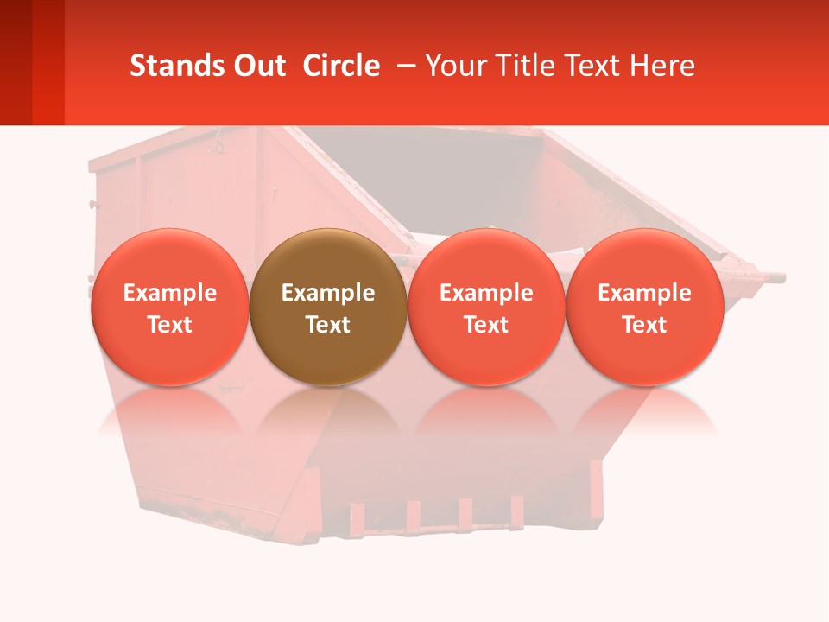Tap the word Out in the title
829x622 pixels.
(258, 66)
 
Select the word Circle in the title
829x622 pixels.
(341, 66)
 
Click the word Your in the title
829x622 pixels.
(454, 66)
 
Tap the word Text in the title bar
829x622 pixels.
(592, 66)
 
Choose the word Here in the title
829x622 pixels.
(663, 66)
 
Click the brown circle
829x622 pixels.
(328, 259)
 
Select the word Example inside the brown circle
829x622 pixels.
(328, 293)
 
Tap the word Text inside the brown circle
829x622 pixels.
(328, 325)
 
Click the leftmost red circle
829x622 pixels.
(169, 259)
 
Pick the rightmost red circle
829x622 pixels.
(645, 259)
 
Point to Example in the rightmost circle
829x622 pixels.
(645, 293)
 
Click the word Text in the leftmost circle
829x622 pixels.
(169, 325)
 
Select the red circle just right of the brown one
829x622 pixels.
(486, 259)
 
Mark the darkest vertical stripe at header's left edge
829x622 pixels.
(16, 62)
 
